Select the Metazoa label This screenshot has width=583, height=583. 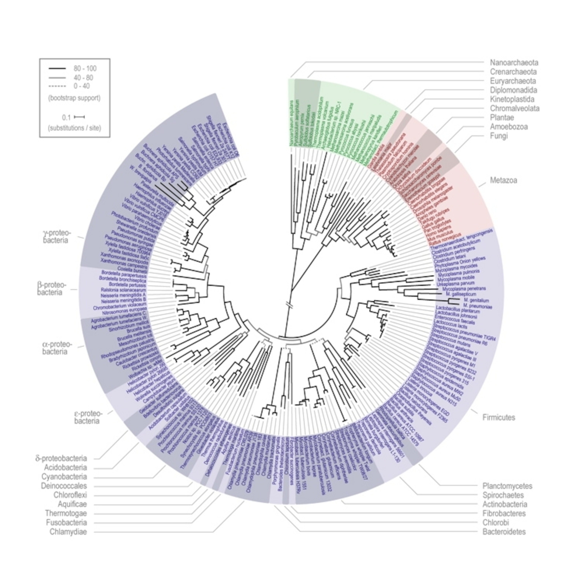[503, 180]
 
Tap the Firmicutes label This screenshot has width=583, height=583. [499, 418]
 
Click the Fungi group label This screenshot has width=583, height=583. [499, 136]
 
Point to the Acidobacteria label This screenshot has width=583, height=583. [65, 468]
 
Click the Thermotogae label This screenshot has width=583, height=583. [66, 513]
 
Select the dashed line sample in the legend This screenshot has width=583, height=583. [57, 86]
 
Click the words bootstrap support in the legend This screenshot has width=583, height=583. [74, 98]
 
